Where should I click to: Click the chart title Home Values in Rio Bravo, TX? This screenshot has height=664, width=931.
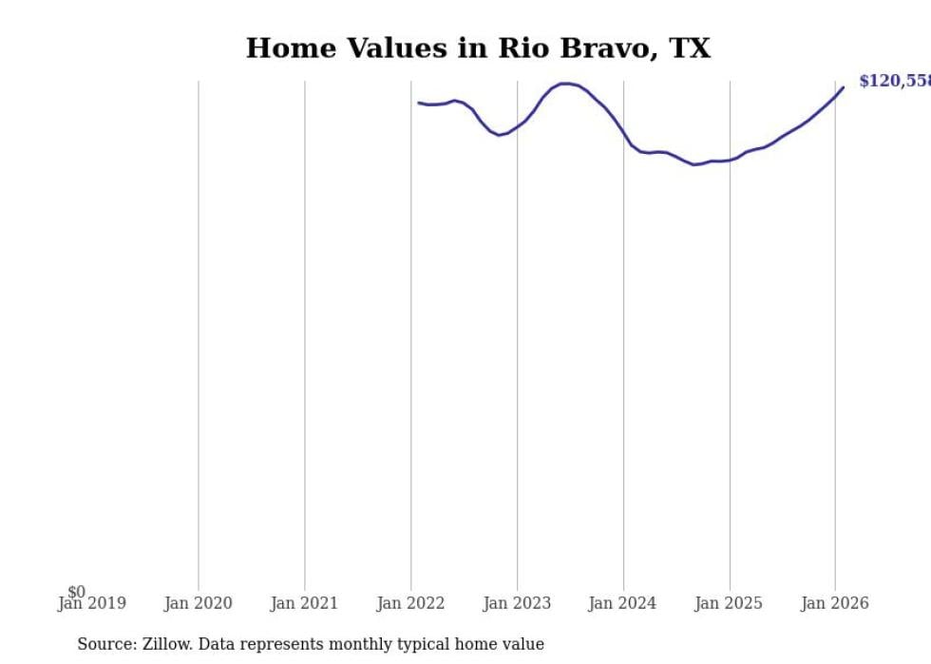(478, 48)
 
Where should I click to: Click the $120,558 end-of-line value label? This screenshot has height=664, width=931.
(894, 82)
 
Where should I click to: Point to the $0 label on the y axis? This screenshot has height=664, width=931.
(76, 592)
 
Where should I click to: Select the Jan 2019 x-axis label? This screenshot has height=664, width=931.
(91, 603)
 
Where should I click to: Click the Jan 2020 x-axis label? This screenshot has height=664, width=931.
(198, 603)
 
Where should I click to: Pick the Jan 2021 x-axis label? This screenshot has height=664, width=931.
(304, 603)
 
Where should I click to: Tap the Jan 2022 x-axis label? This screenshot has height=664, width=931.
(410, 603)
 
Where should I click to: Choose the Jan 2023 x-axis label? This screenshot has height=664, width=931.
(517, 603)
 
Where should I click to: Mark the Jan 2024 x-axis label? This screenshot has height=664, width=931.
(622, 603)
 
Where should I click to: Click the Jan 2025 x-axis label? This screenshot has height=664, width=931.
(729, 603)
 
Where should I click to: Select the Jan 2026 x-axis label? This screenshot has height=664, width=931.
(834, 603)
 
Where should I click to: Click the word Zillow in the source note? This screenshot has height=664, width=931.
(168, 644)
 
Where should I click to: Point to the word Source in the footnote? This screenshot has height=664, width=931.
(105, 644)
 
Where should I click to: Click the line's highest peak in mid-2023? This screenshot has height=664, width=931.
(566, 84)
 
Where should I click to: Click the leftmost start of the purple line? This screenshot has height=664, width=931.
(419, 103)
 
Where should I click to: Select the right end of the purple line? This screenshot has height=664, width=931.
(843, 87)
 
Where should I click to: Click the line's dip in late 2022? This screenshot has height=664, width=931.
(500, 135)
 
